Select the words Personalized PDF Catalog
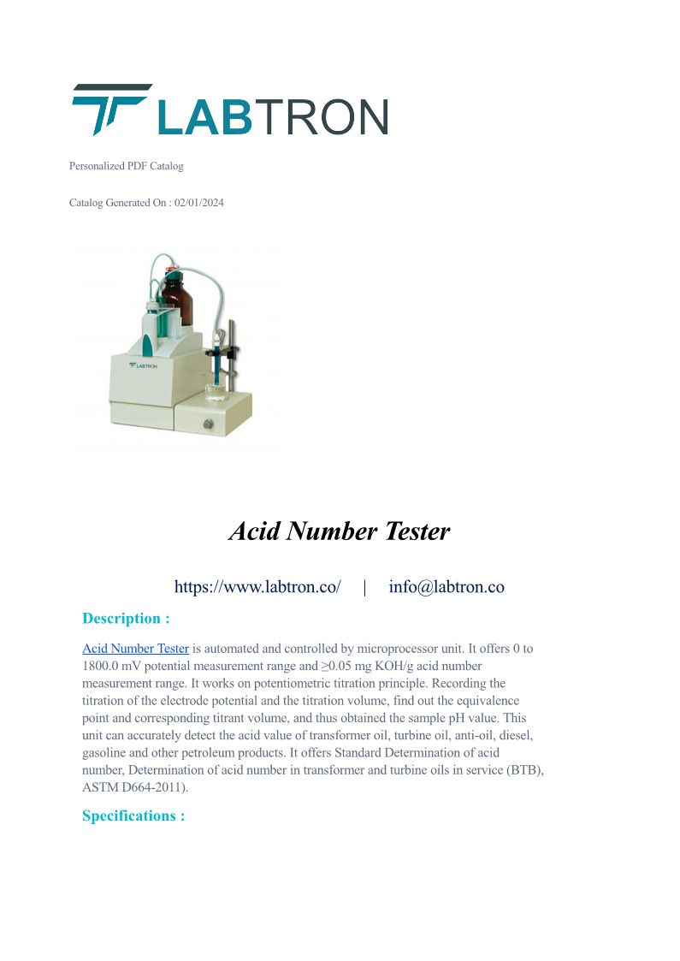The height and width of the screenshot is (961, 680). coord(126,166)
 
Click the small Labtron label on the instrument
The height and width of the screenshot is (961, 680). coord(143,365)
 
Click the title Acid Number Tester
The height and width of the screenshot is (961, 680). coord(340,531)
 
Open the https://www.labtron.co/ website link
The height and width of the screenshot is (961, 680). coord(257,587)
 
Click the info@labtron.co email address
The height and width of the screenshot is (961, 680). coord(446,587)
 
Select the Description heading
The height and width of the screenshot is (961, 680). coord(126,619)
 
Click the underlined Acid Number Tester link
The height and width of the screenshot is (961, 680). coord(135,650)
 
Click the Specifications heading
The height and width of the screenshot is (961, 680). coord(133,816)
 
